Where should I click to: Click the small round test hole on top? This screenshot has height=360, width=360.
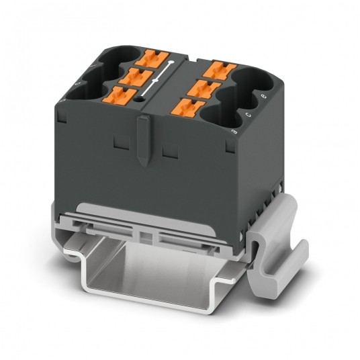click(140, 99)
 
